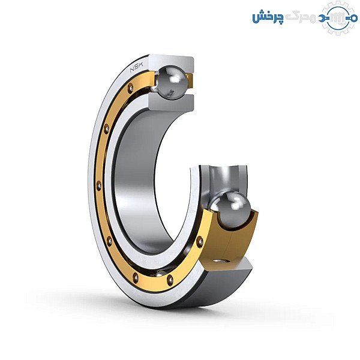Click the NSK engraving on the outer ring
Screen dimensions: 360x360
136,67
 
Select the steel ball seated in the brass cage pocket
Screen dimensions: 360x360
230,211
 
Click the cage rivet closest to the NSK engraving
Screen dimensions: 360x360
130,87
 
